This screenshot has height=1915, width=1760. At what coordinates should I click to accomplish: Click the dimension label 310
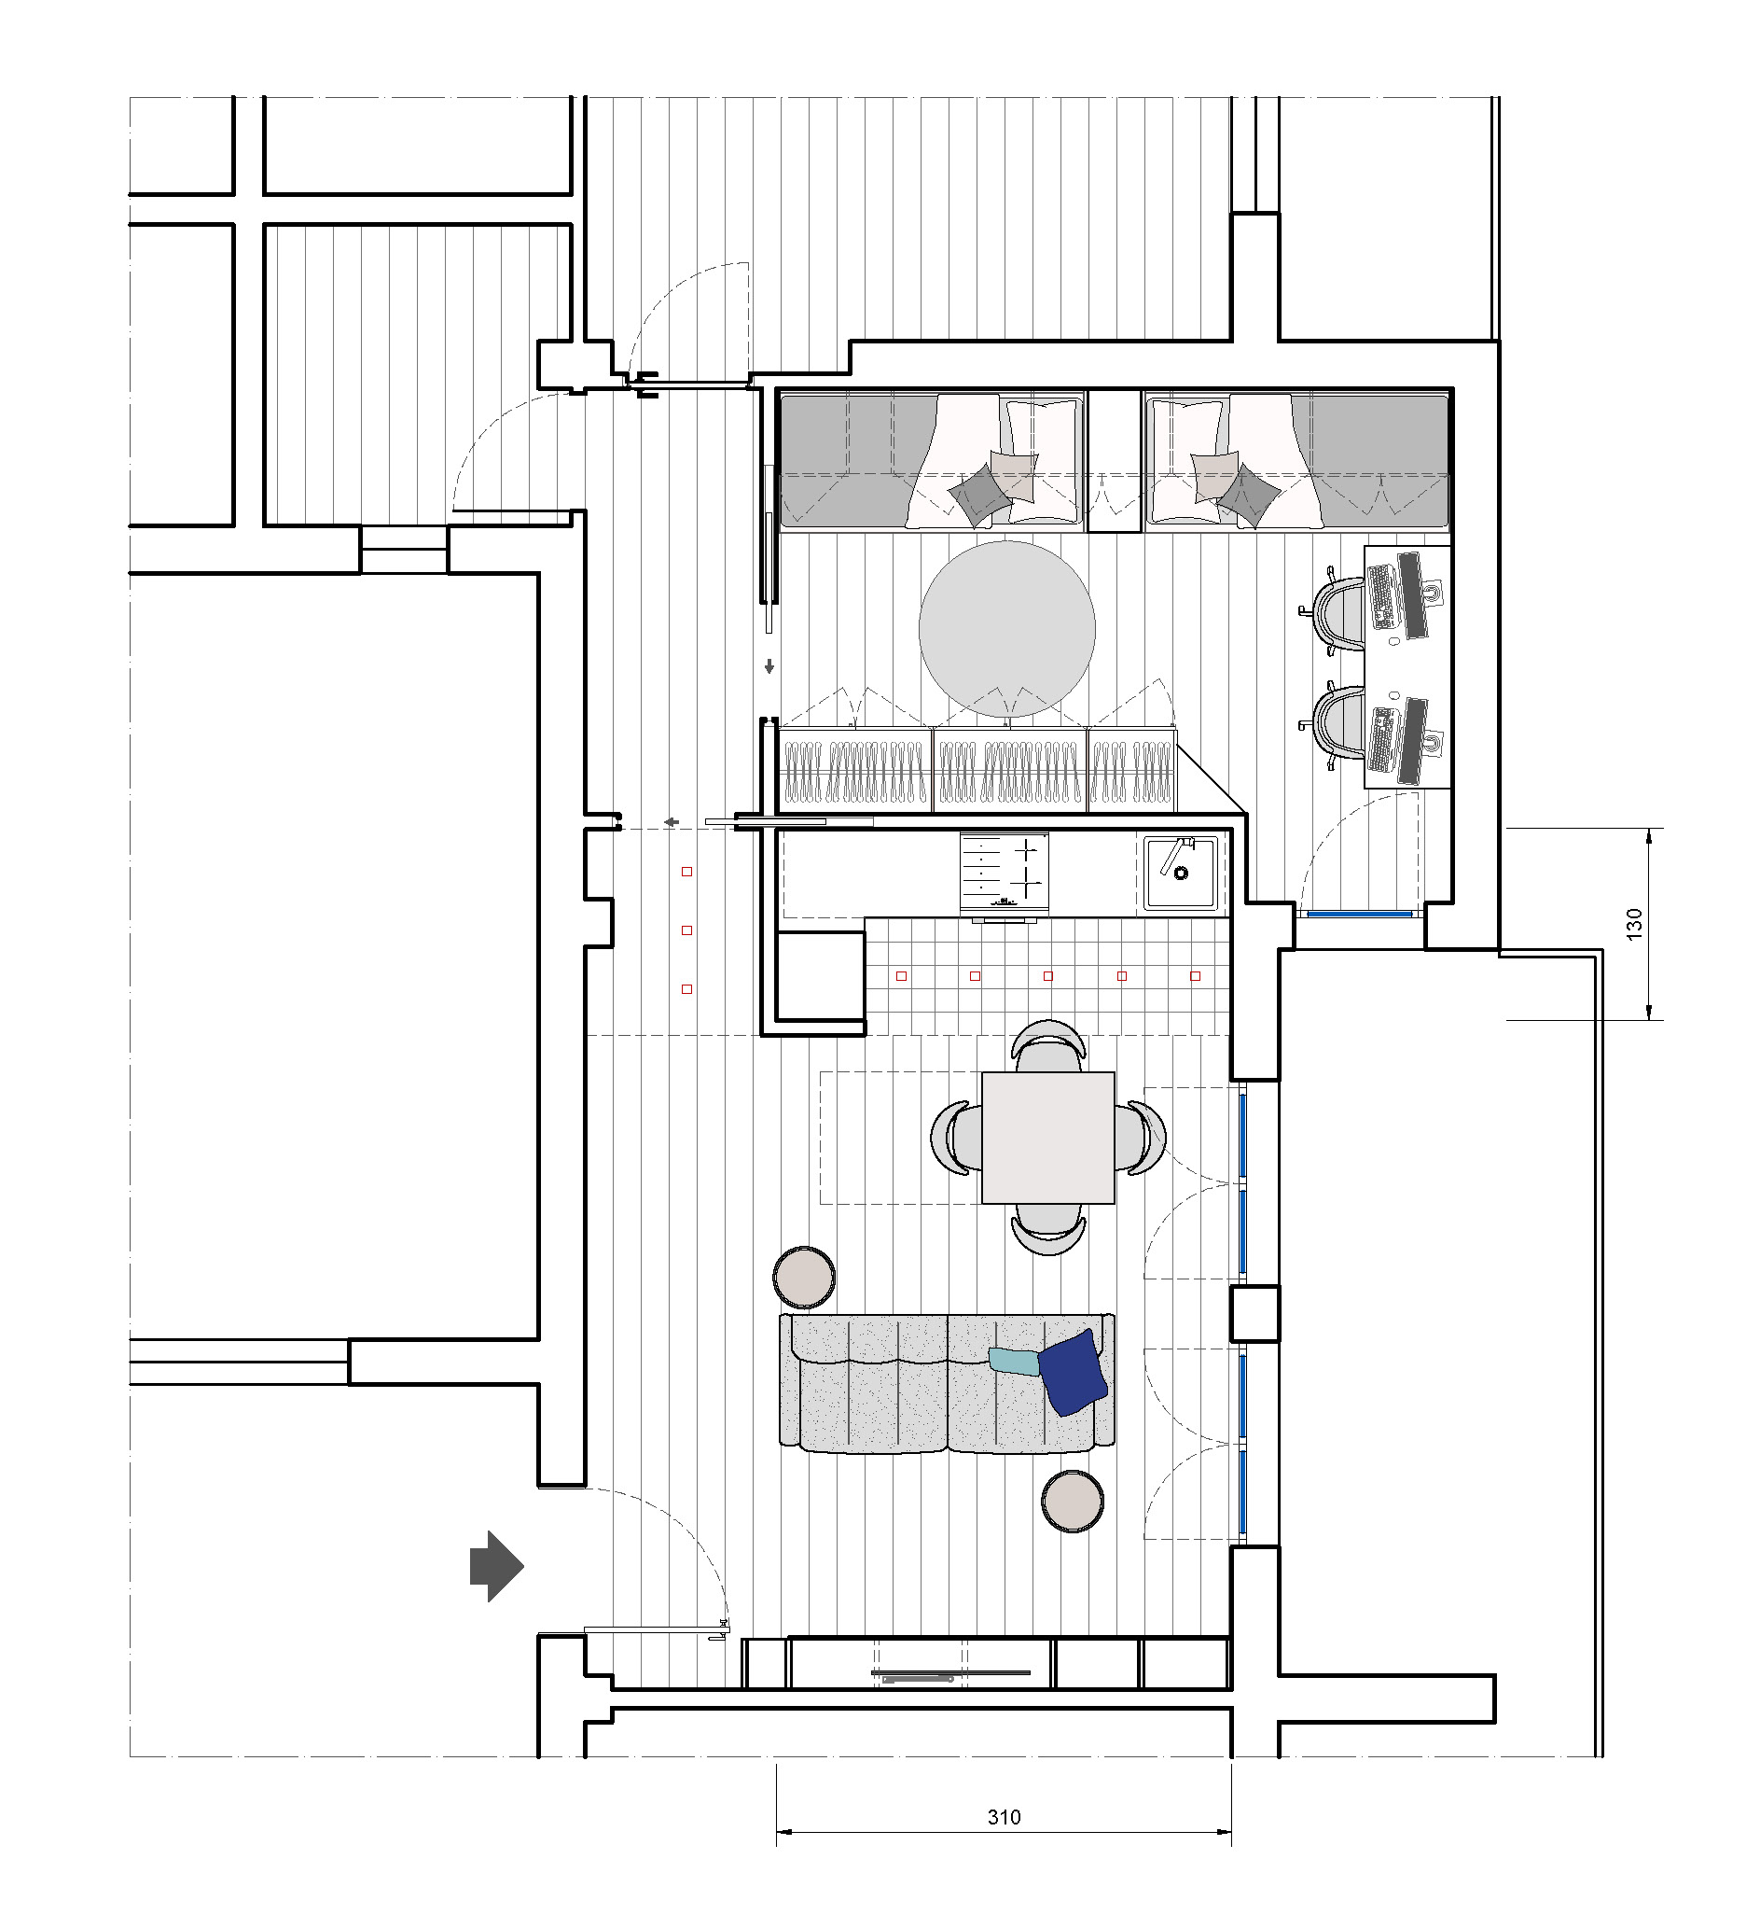tap(1004, 1817)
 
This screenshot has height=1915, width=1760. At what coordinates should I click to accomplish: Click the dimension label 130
tap(1634, 924)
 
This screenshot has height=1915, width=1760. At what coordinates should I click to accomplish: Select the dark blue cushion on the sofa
tap(1073, 1372)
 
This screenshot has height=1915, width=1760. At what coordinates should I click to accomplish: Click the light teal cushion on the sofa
tap(1015, 1361)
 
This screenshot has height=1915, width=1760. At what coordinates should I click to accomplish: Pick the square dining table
tap(1047, 1138)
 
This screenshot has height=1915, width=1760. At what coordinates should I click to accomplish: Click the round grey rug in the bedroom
tap(1006, 629)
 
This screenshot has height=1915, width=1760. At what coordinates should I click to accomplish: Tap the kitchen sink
tap(1181, 872)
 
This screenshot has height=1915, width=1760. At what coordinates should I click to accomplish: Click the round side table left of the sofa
tap(805, 1276)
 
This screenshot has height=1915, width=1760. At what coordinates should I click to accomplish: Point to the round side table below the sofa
tap(1073, 1501)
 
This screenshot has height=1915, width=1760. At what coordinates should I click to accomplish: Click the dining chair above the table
tap(1047, 1045)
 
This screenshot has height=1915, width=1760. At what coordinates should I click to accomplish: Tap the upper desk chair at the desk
tap(1336, 614)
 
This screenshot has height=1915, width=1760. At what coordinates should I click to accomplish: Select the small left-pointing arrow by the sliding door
tap(671, 821)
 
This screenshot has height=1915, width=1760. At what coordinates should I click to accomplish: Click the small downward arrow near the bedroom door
tap(769, 667)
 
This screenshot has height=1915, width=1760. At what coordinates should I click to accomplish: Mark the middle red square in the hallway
tap(686, 930)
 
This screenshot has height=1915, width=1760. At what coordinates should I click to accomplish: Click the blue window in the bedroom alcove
tap(1359, 914)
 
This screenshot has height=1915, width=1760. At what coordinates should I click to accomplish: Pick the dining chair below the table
tap(1047, 1230)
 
